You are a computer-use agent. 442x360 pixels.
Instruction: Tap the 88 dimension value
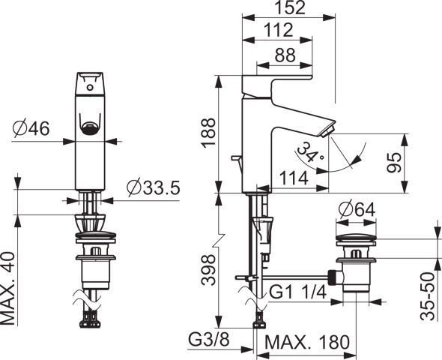coord(285,55)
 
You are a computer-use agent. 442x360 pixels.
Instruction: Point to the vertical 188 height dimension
coord(208,132)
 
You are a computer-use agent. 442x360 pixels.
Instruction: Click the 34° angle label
coord(309,153)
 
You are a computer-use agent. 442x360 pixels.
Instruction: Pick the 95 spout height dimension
coord(394,163)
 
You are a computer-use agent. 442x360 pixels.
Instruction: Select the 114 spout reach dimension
coord(294,178)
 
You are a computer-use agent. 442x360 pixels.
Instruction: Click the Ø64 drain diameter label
coord(357,210)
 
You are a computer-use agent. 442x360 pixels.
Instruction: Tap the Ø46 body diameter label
coord(31,128)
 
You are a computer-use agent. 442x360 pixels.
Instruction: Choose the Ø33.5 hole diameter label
coord(153,187)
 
